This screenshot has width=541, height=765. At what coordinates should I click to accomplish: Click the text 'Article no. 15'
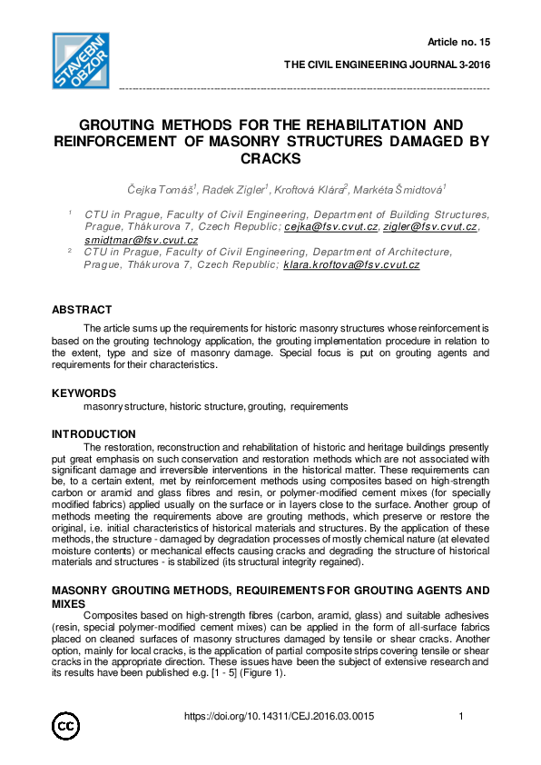(x=458, y=43)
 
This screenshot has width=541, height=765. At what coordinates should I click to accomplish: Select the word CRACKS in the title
(x=270, y=158)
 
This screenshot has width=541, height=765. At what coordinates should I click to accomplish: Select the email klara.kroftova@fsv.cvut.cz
(x=351, y=264)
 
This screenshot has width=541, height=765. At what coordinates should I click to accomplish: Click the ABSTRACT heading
(x=82, y=310)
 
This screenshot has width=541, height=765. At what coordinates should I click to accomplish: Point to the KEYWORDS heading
(x=84, y=393)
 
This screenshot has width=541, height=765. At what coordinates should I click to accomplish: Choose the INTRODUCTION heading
(x=93, y=434)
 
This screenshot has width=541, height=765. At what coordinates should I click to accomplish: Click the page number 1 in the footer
(x=462, y=717)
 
